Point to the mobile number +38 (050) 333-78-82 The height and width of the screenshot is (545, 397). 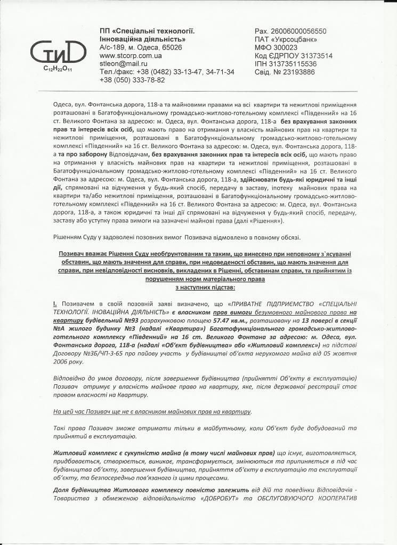132,80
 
